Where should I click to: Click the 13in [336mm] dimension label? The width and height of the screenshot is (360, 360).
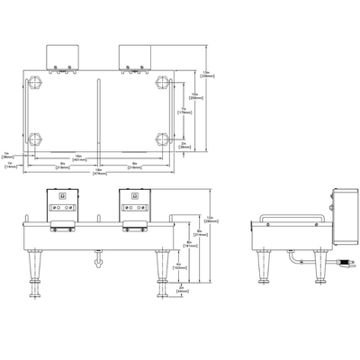206,75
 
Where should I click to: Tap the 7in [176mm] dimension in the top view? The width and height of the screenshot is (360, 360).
184,112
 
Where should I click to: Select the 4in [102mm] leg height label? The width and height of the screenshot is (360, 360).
178,266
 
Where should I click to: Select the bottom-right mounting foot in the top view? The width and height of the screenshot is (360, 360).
162,140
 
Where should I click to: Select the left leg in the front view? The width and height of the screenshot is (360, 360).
35,271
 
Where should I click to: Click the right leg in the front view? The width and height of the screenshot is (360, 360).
162,271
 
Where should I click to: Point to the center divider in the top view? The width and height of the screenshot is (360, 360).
97,112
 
